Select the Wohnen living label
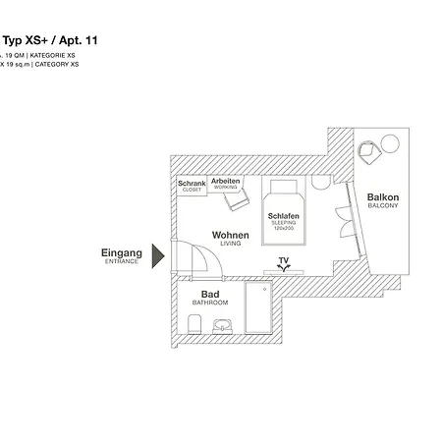pyautogui.click(x=230, y=237)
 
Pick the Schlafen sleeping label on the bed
pyautogui.click(x=283, y=217)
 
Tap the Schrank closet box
pyautogui.click(x=192, y=185)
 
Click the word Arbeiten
pyautogui.click(x=225, y=183)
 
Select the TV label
pyautogui.click(x=284, y=261)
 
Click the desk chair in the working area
pyautogui.click(x=236, y=200)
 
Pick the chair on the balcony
pyautogui.click(x=367, y=151)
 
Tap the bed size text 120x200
pyautogui.click(x=283, y=228)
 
